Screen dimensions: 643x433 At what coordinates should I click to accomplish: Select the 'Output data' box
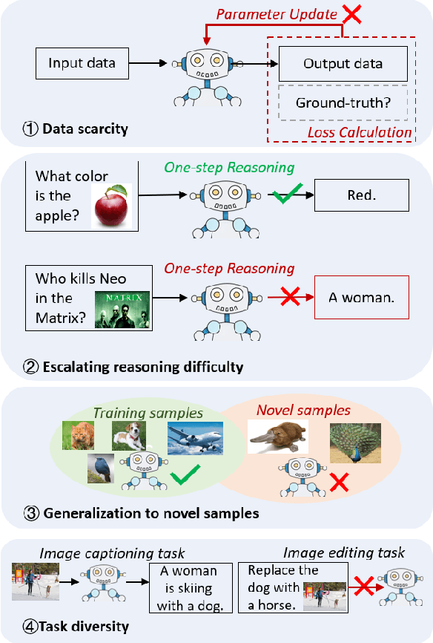(x=343, y=64)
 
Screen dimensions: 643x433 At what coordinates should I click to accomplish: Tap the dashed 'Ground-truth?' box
(x=343, y=103)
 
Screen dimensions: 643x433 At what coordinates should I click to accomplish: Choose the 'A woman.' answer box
(x=362, y=298)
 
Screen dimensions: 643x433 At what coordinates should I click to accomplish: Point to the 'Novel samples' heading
(x=303, y=410)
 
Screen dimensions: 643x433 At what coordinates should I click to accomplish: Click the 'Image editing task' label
(x=344, y=552)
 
